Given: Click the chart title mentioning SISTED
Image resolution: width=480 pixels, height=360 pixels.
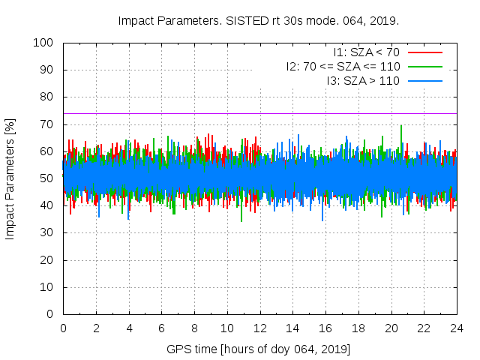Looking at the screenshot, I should [x=259, y=20].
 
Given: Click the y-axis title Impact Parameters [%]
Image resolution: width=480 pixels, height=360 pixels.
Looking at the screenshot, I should [x=10, y=178].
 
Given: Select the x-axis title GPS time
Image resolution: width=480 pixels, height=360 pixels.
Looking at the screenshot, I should [x=259, y=349].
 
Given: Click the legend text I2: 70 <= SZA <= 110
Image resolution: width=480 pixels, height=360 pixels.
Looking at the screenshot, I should [x=343, y=66].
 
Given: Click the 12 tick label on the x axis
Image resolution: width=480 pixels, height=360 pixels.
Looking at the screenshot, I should [x=259, y=328].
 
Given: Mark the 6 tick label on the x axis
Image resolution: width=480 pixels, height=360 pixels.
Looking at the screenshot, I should [x=161, y=328].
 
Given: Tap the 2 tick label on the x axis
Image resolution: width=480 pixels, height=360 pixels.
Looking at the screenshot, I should [x=96, y=328].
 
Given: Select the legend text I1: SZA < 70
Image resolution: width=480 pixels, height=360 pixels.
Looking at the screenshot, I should [x=366, y=52].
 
